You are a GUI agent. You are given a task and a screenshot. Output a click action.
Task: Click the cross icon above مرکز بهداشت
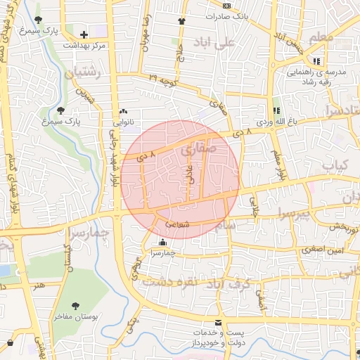coord(84,34)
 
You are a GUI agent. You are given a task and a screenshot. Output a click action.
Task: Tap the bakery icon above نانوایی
coord(124,111)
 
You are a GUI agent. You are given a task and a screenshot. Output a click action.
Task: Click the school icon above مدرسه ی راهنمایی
coord(316,61)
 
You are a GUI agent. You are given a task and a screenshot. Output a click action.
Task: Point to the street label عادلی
coord(188,172)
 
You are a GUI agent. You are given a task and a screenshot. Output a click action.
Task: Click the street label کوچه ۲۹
coord(162,81)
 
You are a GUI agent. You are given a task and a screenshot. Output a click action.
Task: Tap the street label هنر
coord(37,285)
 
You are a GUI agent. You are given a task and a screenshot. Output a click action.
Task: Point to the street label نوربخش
coord(345,228)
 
